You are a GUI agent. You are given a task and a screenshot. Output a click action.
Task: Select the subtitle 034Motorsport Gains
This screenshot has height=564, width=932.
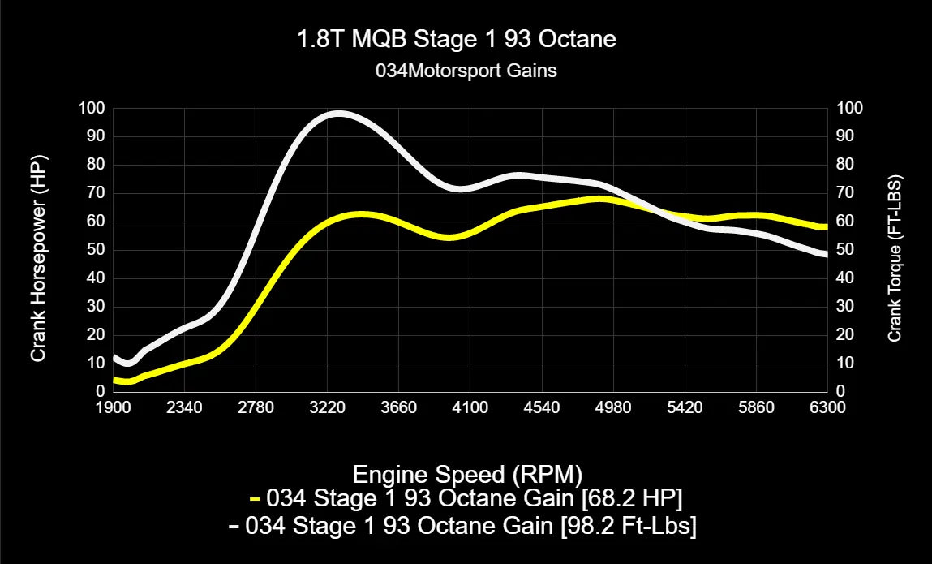click(466, 71)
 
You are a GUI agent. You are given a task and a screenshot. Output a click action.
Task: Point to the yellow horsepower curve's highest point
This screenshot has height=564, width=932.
click(599, 198)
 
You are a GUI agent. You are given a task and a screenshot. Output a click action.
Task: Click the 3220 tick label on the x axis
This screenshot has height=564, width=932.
click(328, 407)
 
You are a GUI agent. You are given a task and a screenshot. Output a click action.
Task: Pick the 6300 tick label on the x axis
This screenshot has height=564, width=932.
click(827, 407)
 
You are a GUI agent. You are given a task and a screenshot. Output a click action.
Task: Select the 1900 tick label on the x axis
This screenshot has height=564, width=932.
click(114, 407)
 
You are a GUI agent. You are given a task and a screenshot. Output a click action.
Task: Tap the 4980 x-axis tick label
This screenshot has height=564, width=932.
click(613, 407)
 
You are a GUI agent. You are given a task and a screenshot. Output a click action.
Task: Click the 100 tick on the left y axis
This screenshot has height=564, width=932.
click(92, 108)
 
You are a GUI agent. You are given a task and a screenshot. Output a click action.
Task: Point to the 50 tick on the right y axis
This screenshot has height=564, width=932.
click(844, 250)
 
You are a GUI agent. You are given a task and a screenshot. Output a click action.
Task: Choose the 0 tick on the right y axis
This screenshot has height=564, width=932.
click(840, 391)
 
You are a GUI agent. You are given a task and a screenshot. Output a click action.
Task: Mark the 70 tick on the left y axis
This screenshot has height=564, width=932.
click(95, 193)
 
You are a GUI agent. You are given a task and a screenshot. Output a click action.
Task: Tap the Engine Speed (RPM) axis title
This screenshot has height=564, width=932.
click(468, 473)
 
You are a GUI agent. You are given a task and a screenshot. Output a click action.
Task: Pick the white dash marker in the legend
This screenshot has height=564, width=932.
click(234, 527)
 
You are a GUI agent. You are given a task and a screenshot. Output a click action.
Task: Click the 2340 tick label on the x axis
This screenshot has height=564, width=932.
click(185, 407)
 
